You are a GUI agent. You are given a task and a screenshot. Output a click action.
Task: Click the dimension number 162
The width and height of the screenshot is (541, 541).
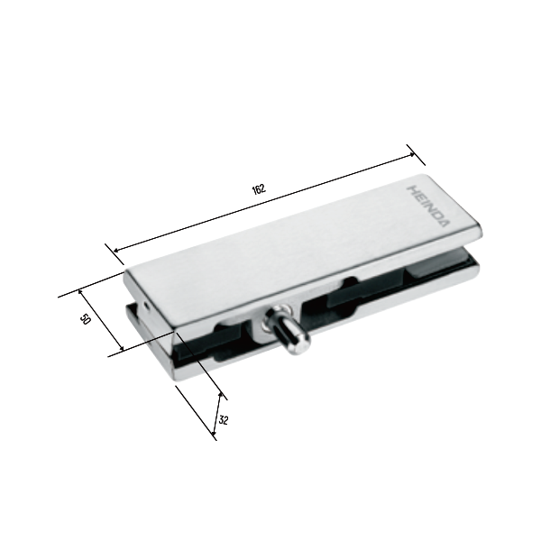259,189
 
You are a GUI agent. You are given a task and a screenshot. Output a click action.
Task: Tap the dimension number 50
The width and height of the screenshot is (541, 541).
85,319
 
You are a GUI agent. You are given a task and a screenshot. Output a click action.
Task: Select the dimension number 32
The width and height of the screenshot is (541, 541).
224,420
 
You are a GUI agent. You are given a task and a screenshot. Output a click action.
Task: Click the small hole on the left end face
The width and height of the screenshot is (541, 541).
145,305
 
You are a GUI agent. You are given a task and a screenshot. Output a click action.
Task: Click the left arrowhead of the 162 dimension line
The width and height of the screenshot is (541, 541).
117,250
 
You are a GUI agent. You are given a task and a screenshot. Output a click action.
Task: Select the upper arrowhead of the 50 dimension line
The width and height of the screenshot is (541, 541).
81,292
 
